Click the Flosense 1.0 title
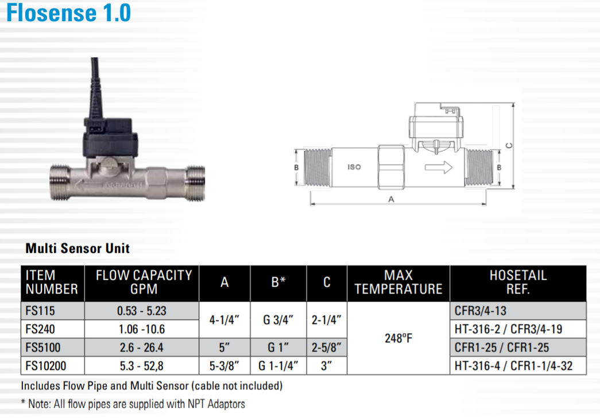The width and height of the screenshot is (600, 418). point(69,12)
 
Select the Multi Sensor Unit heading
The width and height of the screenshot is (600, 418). point(78,248)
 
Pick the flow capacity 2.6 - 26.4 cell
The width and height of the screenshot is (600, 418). point(142,347)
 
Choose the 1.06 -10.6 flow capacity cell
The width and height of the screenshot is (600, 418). point(142,329)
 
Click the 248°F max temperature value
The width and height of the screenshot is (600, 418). point(398,338)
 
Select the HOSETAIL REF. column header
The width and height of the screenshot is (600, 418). point(518,282)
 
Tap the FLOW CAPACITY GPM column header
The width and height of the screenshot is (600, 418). point(144,282)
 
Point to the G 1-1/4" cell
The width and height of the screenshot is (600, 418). point(278,366)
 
